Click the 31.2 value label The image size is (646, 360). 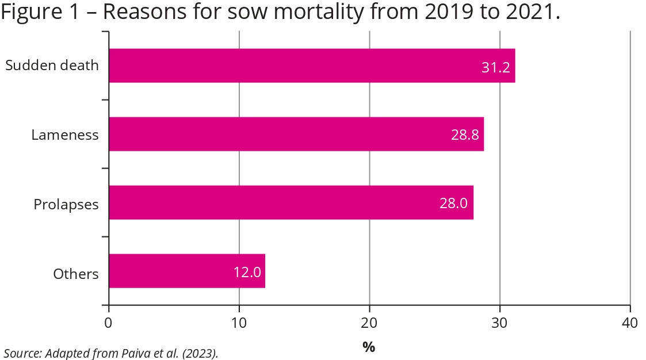pos(495,67)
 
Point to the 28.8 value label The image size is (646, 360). pos(465,136)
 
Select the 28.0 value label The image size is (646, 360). pos(453,204)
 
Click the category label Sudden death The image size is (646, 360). pos(52,65)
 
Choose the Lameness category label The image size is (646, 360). pos(65,135)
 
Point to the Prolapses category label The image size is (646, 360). pos(66,204)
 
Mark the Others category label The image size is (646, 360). pos(76,274)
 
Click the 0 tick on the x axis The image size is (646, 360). pos(108,323)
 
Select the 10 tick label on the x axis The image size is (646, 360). pos(239,323)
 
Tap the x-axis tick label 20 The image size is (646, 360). pos(369,323)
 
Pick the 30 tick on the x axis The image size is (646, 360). pos(500,323)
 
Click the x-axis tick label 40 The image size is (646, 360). pos(630,323)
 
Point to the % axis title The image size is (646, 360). pos(368,347)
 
